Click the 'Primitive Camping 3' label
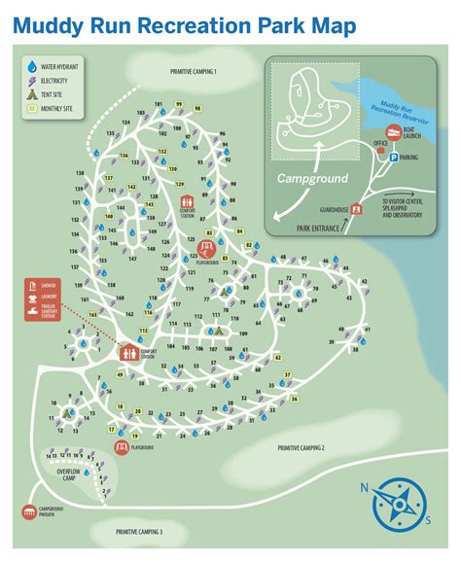tap(139, 532)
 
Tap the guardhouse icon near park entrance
tap(356, 208)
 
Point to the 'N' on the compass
tap(365, 488)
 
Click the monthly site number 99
tap(179, 104)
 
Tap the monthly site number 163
tap(93, 315)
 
